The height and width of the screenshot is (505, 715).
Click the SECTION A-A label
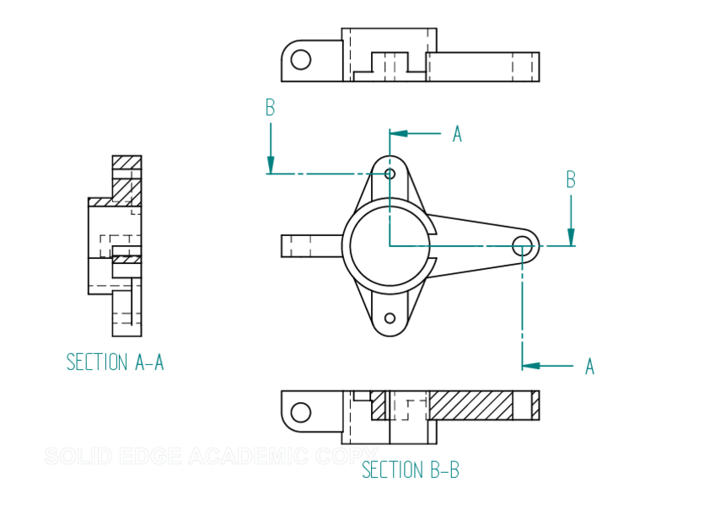click(115, 363)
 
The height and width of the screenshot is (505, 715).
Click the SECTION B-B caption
click(410, 470)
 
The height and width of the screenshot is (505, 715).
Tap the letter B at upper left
click(270, 108)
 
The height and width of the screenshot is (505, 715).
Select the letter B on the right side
click(571, 180)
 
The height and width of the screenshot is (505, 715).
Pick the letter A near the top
click(457, 134)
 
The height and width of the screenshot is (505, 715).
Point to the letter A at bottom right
click(589, 367)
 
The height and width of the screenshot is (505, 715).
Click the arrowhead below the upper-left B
click(271, 164)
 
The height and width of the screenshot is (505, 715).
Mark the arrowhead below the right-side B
click(571, 236)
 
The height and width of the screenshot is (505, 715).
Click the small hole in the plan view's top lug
click(390, 174)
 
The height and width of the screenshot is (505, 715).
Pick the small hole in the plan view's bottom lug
click(390, 319)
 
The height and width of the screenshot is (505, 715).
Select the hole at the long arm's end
click(523, 245)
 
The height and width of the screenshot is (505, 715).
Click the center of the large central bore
click(389, 245)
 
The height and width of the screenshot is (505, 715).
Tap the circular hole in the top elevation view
click(300, 59)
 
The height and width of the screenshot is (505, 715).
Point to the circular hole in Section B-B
click(300, 412)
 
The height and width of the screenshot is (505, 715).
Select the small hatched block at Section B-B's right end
click(535, 406)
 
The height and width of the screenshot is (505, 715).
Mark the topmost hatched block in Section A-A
click(127, 162)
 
